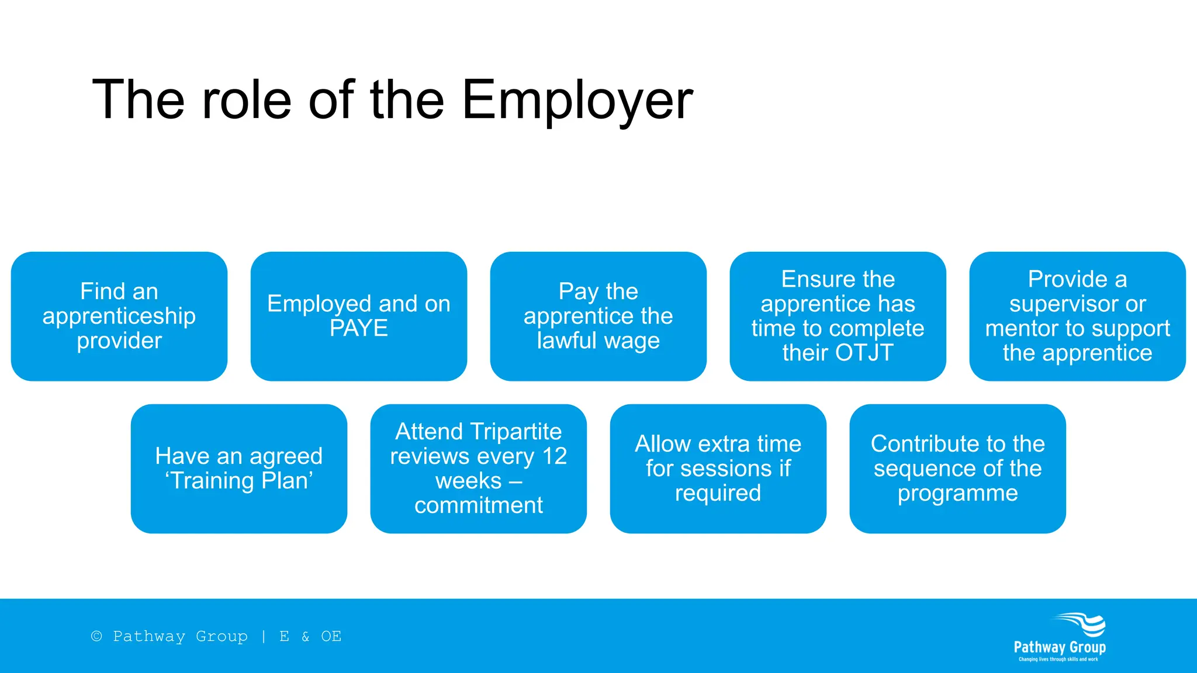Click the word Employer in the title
coord(577,100)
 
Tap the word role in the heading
coord(246,100)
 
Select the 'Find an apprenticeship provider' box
coord(119,316)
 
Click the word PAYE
coord(358,328)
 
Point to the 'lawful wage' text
coord(598,341)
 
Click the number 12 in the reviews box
coord(554,456)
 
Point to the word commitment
coord(478,505)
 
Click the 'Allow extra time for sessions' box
coord(718,469)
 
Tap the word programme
coord(957,493)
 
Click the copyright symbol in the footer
coord(97,636)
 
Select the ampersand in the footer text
coord(305,636)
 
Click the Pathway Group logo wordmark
coord(1059,647)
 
